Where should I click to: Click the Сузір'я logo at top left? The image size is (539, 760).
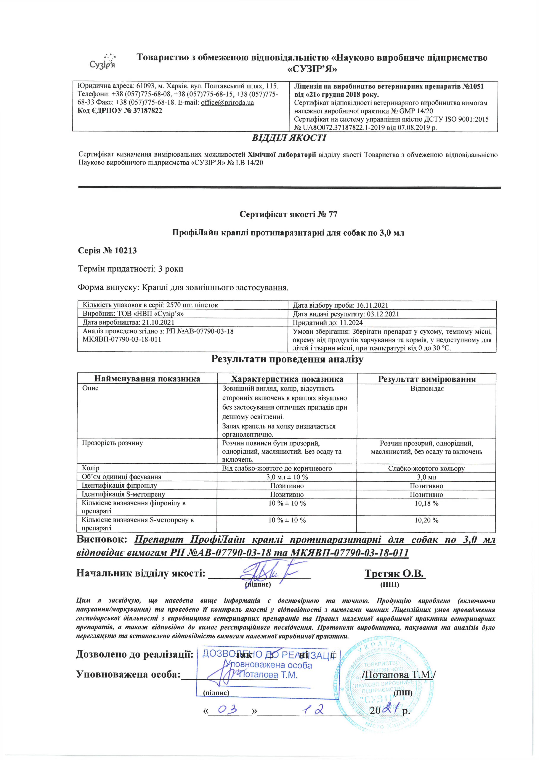tap(103, 61)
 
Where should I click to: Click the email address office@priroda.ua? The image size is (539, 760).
tap(227, 103)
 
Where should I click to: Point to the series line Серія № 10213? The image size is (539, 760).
tap(107, 251)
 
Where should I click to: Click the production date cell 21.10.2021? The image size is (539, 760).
tap(128, 322)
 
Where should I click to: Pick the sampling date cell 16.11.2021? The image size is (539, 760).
tap(340, 305)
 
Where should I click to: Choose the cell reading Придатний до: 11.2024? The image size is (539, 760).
tap(328, 323)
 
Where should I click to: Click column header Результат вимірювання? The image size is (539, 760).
tap(427, 379)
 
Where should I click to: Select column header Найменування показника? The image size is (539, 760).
tap(147, 379)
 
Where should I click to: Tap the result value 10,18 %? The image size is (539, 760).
tap(427, 503)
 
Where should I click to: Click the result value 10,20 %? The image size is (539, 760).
tap(427, 520)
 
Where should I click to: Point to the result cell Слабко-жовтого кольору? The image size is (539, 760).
tap(427, 469)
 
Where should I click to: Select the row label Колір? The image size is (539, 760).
tap(91, 468)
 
